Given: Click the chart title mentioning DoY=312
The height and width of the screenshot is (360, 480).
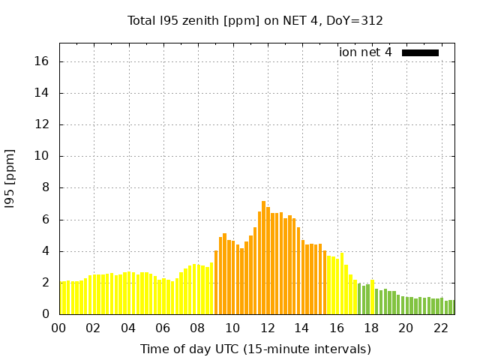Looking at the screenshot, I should pos(256,20).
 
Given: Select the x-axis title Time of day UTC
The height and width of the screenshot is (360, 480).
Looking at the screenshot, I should pos(256,349).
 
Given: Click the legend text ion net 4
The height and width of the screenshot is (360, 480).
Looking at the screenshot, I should pos(365,52).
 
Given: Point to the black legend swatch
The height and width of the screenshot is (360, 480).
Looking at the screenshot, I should pos(420,52).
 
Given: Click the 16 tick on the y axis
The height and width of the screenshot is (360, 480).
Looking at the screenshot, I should pos(43,61).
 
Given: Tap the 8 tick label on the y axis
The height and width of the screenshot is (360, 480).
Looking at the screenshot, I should pos(46,188).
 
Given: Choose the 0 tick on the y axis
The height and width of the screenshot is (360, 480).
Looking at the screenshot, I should pos(46,314).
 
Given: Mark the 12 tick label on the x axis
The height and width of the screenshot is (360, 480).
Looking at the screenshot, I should pos(267,328).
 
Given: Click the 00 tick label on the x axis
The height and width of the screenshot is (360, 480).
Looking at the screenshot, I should pos(58,328).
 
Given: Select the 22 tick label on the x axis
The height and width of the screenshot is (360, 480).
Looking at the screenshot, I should pos(441,328).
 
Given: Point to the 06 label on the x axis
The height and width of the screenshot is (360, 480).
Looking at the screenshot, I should pos(163,328).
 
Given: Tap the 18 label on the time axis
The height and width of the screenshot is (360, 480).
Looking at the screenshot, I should pos(371,328).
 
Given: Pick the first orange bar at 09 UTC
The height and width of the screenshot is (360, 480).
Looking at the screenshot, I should pos(216,282).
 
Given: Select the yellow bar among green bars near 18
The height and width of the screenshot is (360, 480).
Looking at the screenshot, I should pos(372,297).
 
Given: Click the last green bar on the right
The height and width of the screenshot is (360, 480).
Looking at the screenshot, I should pos(452,307).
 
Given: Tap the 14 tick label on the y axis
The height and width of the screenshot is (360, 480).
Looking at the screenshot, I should pos(43,93).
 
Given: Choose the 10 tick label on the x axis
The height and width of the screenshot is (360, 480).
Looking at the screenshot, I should pos(232,328).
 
